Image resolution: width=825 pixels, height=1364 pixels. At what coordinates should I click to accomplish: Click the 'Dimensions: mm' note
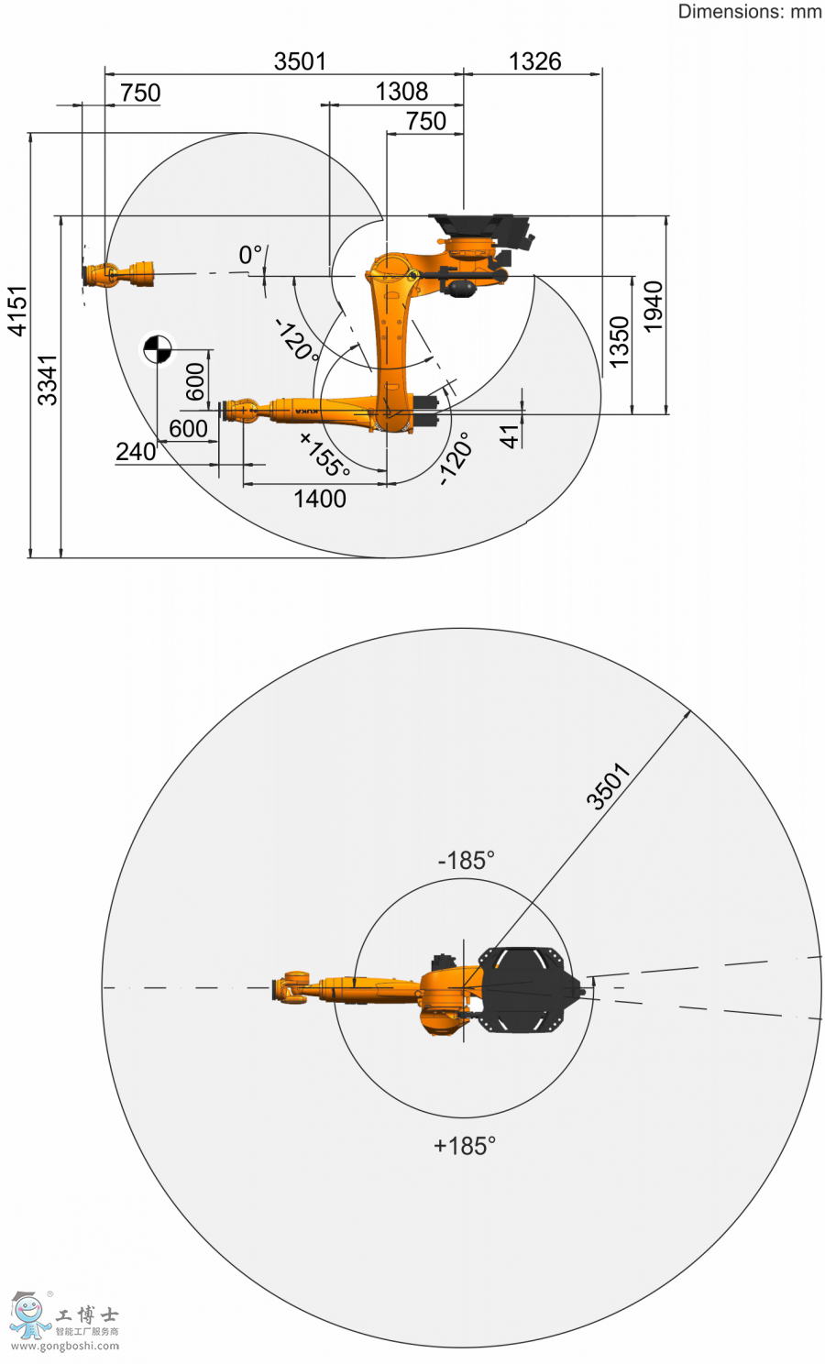750,12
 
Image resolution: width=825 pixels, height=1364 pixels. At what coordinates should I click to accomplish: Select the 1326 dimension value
534,61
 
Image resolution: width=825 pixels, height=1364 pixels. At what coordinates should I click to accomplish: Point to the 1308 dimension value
401,92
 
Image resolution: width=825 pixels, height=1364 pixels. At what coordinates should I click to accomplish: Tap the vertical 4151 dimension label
17,311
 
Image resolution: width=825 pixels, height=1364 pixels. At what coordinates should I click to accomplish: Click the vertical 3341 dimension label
48,380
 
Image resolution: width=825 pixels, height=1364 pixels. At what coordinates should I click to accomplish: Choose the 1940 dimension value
653,306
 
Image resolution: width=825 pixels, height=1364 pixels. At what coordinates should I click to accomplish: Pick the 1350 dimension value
619,342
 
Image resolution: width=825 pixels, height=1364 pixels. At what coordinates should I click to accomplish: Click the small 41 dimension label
509,436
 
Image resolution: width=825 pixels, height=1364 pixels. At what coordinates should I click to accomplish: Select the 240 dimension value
136,452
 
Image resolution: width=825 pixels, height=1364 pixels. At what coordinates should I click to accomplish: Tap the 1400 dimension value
320,499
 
